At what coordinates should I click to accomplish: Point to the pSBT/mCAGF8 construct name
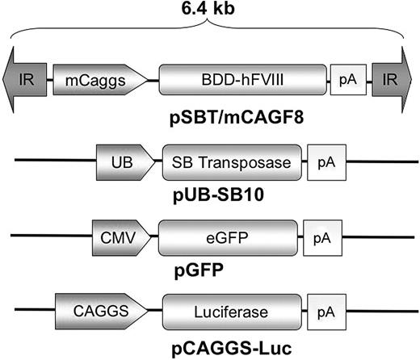pyautogui.click(x=208, y=115)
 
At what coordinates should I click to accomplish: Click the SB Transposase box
pyautogui.click(x=231, y=162)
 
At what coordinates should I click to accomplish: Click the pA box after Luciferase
pyautogui.click(x=325, y=312)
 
